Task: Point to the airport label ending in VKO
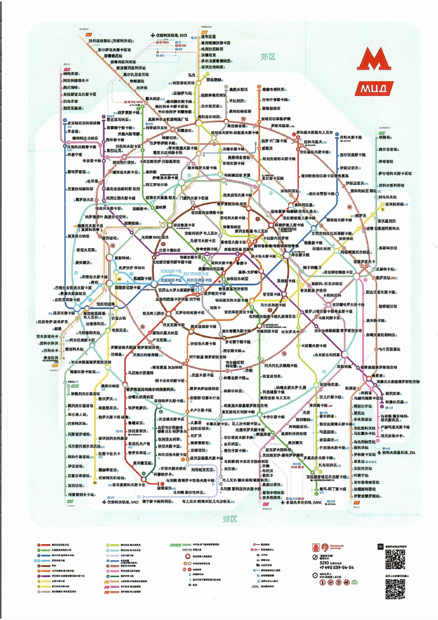pyautogui.click(x=122, y=502)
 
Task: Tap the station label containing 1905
pyautogui.click(x=155, y=237)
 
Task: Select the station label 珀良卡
pyautogui.click(x=216, y=308)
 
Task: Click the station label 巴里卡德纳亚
pyautogui.click(x=169, y=249)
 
